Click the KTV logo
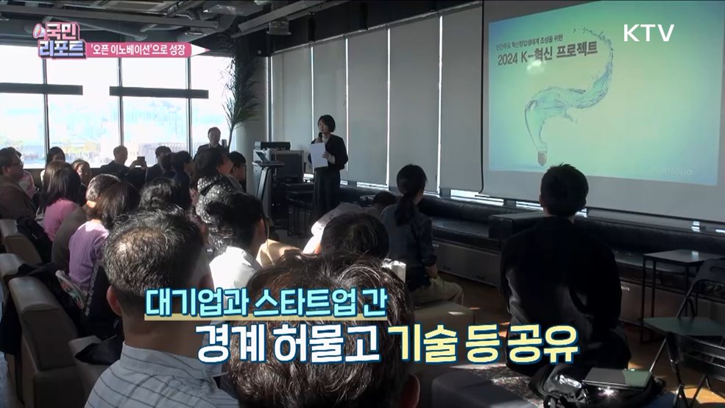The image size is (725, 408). (x=648, y=32)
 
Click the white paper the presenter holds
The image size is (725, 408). (x=317, y=155)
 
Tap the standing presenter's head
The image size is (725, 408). (x=326, y=124)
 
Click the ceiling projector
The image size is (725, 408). (x=278, y=27)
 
